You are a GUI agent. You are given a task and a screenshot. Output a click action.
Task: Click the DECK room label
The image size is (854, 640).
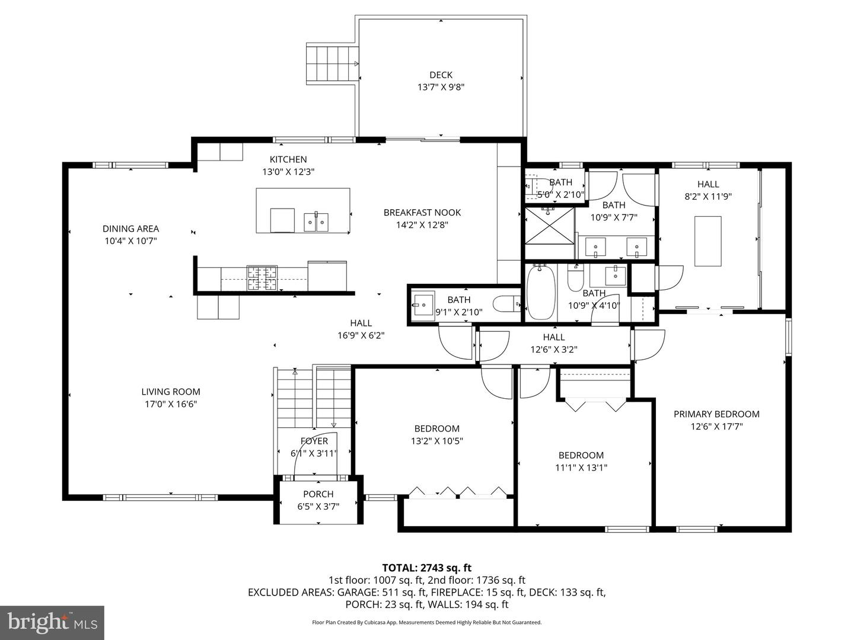441,75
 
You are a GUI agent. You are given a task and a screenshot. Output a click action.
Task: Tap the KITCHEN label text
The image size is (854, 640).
288,159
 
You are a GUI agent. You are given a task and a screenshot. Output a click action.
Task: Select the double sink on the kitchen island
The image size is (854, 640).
317,222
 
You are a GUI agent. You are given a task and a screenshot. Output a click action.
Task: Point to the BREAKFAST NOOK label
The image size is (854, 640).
422,212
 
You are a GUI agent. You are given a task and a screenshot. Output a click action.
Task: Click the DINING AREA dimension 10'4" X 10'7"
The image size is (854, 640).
130,241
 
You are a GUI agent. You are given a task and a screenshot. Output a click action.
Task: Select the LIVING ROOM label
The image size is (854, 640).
171,392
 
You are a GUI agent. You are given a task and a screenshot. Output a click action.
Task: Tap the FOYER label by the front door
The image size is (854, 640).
314,441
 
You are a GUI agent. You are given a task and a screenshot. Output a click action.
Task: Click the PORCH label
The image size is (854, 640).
318,494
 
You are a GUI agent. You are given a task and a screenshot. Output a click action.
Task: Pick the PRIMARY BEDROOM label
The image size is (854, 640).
716,414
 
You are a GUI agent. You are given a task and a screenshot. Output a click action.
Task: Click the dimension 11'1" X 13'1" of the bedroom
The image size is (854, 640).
581,468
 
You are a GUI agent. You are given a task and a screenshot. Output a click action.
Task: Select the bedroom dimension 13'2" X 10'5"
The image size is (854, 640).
436,441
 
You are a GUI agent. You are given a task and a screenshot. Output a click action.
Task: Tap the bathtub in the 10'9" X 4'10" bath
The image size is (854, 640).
541,293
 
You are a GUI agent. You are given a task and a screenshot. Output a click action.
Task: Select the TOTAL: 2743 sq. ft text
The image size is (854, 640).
426,568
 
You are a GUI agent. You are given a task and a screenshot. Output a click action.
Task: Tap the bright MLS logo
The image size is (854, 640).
52,622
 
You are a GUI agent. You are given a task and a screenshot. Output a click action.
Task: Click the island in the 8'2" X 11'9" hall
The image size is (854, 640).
708,241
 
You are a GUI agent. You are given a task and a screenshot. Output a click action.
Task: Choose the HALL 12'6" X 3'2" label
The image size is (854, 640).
553,343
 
